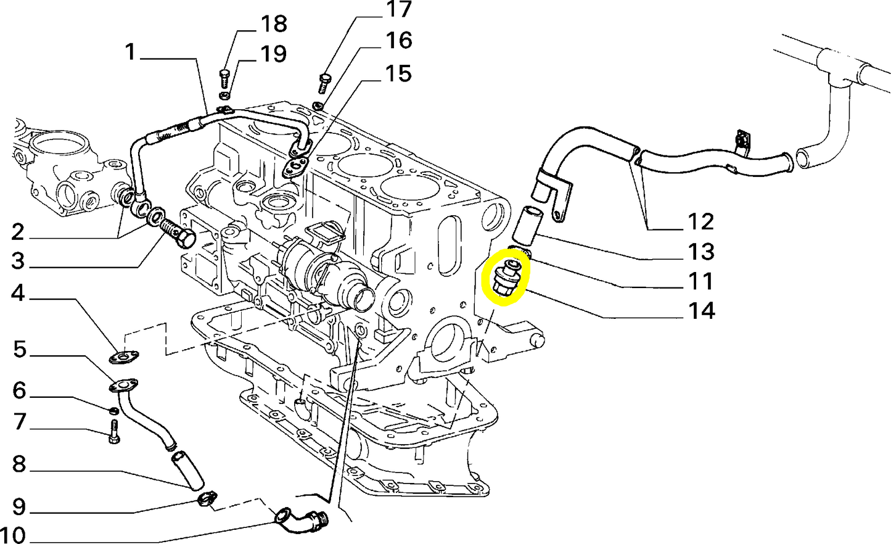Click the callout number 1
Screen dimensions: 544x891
click(x=129, y=52)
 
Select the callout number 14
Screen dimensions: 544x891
click(x=701, y=310)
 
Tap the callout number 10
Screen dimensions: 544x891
click(x=13, y=534)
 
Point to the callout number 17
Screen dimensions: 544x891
click(x=398, y=10)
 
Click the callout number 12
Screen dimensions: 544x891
click(x=700, y=221)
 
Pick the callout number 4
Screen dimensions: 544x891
click(x=18, y=293)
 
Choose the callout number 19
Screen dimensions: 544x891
click(x=273, y=54)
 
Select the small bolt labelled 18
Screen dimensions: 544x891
click(x=224, y=78)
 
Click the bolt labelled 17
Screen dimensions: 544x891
click(x=324, y=82)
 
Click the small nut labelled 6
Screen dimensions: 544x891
click(x=113, y=411)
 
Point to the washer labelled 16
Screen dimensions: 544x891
click(x=318, y=106)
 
